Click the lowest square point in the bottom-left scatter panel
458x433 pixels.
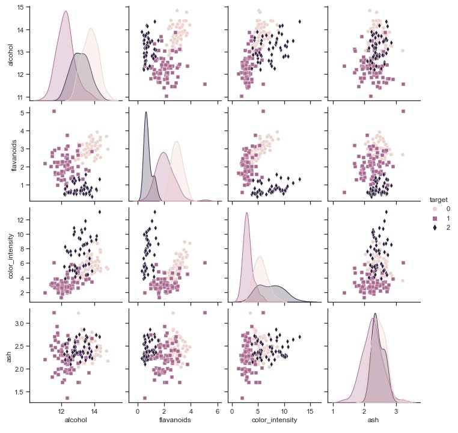coord(67,398)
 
